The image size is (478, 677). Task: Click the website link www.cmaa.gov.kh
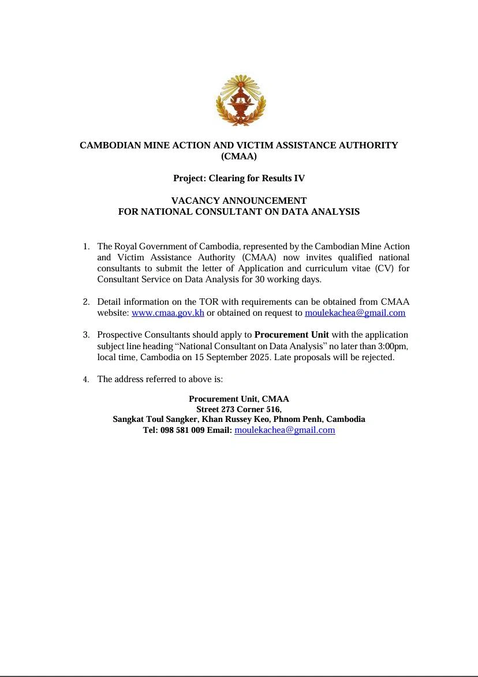[168, 313]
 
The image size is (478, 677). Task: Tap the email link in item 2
[355, 313]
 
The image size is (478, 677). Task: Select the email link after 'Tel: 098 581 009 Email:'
[285, 430]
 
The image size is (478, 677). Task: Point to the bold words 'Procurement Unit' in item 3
[292, 335]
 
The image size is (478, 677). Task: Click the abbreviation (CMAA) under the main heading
[239, 156]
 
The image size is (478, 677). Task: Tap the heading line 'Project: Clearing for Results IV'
[239, 178]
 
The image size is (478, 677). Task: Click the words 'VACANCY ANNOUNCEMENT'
[239, 201]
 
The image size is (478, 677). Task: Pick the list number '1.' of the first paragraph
[86, 246]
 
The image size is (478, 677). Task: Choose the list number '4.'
[86, 380]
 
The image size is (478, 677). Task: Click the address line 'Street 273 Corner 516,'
[239, 409]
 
